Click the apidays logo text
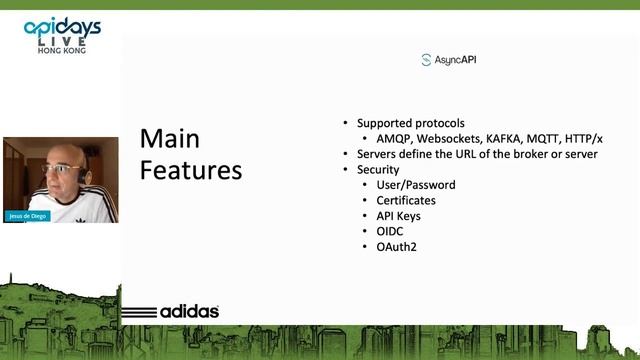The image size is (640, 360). coord(61,28)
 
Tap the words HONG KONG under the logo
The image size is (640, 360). coord(61,50)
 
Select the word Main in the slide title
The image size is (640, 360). coord(170,138)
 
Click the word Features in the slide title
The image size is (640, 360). coord(190,170)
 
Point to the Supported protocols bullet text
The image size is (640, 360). coord(411,123)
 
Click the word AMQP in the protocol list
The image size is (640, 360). coord(394,139)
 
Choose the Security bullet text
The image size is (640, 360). coord(378,170)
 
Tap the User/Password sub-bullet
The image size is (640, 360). coord(415,185)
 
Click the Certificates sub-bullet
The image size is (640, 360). coord(406,200)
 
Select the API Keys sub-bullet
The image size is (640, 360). coord(398,215)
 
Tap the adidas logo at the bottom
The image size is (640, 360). coord(177,311)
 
